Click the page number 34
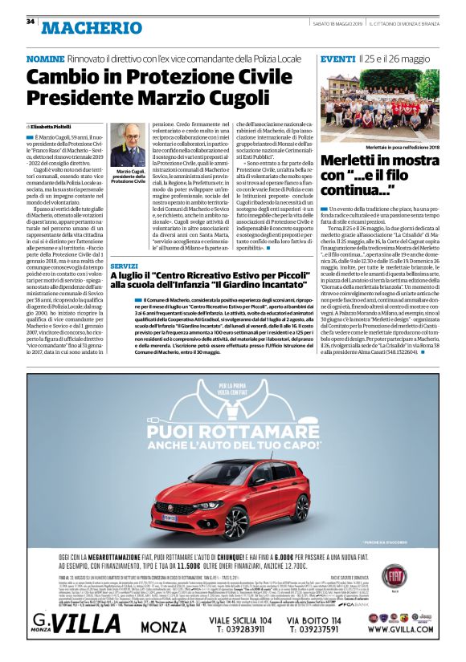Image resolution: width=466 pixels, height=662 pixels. point(31,21)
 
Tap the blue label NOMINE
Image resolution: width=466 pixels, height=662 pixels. point(45,60)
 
